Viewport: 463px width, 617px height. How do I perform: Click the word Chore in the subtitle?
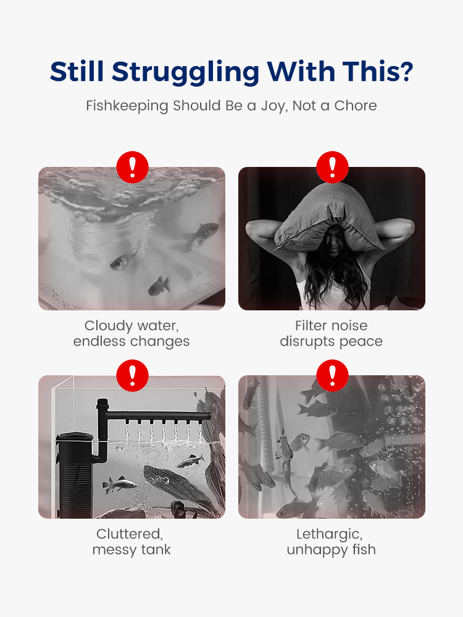click(356, 106)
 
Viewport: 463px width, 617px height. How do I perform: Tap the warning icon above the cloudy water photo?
click(133, 167)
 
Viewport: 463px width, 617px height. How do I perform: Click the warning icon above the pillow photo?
click(332, 167)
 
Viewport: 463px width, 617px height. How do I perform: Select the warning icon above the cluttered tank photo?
click(133, 375)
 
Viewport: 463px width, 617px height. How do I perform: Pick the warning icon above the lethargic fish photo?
click(332, 375)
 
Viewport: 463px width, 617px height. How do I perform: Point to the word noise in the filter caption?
click(349, 326)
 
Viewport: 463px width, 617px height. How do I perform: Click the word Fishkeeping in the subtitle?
click(127, 106)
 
